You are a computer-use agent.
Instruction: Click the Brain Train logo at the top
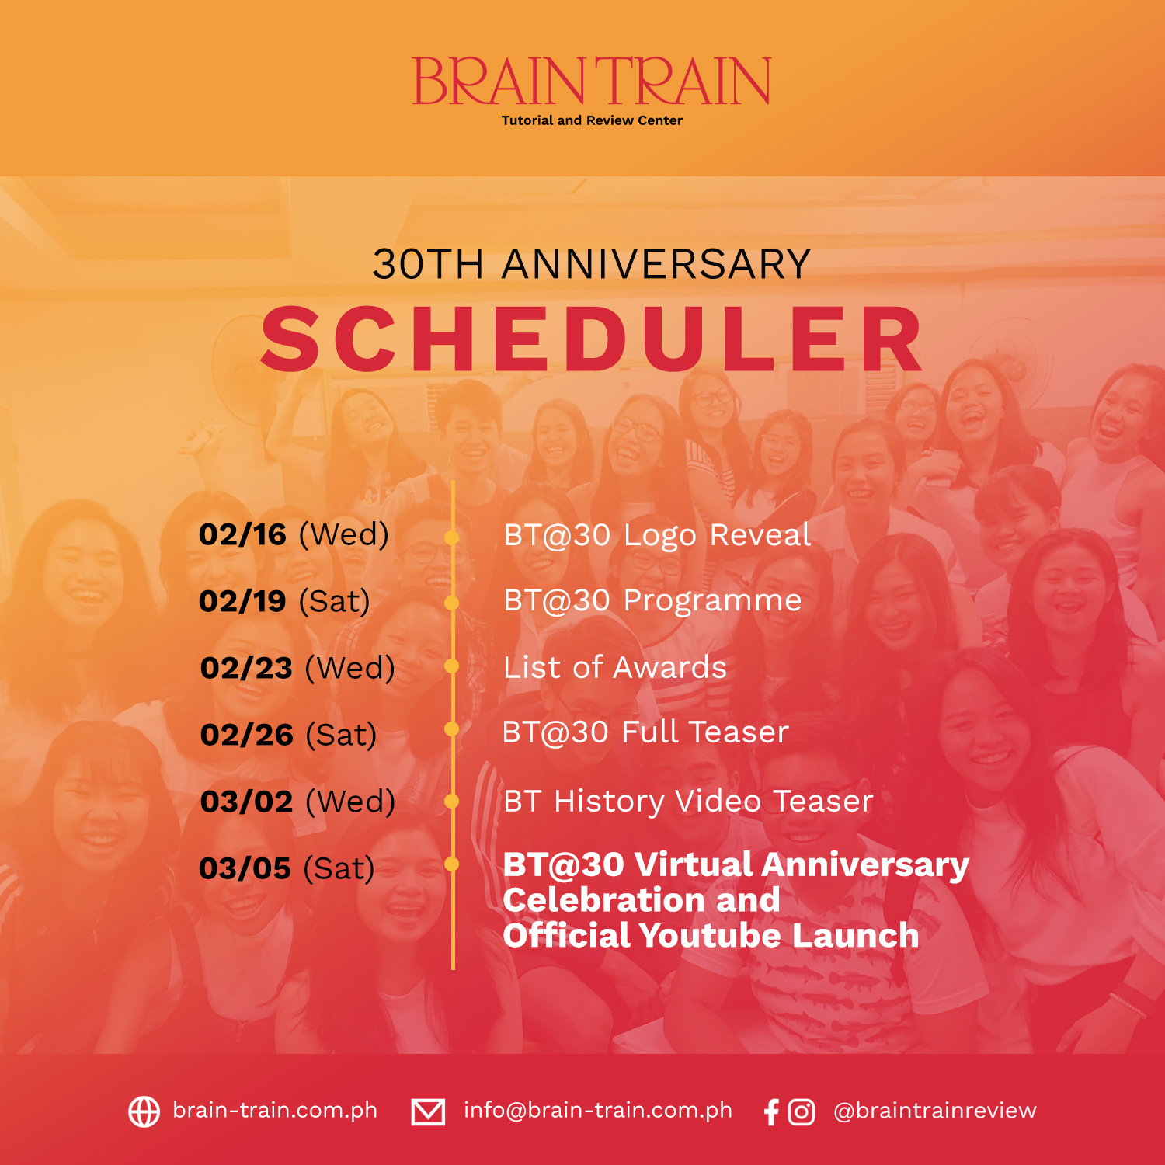coord(591,81)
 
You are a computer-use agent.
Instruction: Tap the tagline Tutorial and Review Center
coord(592,120)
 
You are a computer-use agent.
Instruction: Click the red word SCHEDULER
coord(592,339)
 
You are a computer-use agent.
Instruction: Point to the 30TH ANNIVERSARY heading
coord(592,264)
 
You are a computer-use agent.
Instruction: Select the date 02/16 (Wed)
coord(294,535)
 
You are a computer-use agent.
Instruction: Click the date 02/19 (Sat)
coord(284,602)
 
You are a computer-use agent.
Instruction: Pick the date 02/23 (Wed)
coord(297,669)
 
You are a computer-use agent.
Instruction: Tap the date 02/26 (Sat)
coord(288,736)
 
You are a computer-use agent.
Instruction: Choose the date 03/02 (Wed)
coord(297,802)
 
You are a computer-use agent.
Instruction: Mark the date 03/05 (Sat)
coord(287,869)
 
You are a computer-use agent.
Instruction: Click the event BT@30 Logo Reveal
coord(657,535)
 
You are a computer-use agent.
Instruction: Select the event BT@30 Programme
coord(652,601)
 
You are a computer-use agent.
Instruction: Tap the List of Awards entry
coord(615,668)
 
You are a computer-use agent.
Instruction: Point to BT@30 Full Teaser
coord(645,732)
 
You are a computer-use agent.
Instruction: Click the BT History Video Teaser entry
coord(688,802)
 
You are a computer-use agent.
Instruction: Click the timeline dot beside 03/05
coord(451,864)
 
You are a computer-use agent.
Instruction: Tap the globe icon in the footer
coord(144,1111)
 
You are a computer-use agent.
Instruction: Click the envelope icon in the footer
coord(428,1111)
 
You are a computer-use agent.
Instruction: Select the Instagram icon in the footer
coord(802,1112)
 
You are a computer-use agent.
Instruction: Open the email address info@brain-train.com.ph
coord(598,1111)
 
